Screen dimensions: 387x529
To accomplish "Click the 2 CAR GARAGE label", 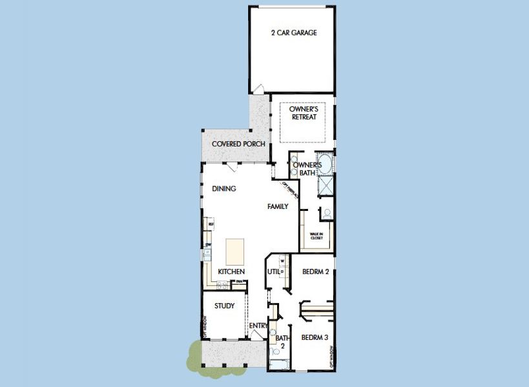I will click(293, 33).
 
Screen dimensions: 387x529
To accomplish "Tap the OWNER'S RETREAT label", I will click(302, 114).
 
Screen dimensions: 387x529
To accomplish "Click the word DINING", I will click(223, 189).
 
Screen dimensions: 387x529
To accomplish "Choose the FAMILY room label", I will click(278, 207).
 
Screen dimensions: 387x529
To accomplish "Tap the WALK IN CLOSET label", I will click(316, 236).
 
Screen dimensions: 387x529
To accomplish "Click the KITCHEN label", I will click(231, 272).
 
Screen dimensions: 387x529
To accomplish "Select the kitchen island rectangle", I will click(234, 250).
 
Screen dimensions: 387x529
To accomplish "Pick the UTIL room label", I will click(273, 272).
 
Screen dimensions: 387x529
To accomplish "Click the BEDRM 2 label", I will click(316, 272).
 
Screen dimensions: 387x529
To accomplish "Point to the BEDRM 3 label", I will click(316, 337).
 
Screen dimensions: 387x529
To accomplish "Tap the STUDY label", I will click(224, 306).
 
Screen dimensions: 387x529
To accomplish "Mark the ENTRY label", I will click(258, 326).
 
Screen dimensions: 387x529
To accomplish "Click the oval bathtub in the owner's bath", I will click(325, 163).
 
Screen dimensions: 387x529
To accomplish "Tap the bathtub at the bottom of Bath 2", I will click(280, 366).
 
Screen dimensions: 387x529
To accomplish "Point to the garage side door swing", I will click(258, 90).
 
